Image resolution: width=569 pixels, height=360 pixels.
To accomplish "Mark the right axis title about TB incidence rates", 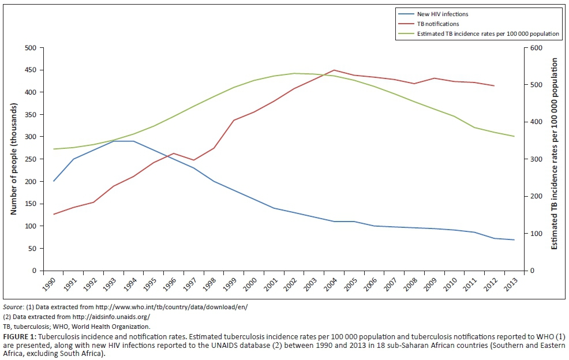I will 555,153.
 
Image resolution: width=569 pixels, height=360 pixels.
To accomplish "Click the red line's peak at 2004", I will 334,70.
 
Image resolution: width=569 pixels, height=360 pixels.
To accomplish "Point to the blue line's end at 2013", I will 514,240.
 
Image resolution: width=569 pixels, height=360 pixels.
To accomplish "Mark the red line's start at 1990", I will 54,214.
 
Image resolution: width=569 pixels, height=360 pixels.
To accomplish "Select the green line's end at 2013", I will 514,136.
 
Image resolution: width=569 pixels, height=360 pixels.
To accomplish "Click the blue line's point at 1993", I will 114,141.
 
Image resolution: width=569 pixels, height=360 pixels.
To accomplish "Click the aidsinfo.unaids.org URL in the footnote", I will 113,317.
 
